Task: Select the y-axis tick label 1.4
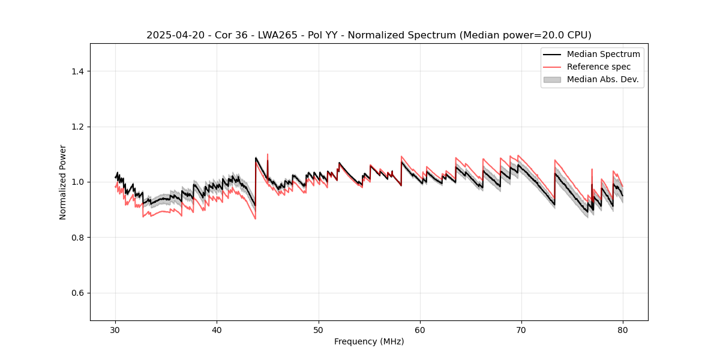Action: pos(77,71)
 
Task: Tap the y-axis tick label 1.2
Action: pos(77,127)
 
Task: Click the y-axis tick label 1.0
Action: pos(77,182)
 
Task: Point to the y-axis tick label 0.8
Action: pos(77,238)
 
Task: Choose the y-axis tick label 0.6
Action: pos(77,293)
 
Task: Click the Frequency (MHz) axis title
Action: pos(369,341)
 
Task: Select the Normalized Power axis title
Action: pos(63,182)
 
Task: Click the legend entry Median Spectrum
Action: pos(603,54)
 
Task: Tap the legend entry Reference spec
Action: pos(598,67)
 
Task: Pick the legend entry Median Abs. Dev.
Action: pos(602,79)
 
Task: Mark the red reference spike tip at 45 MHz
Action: pos(268,154)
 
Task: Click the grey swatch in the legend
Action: pos(552,79)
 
